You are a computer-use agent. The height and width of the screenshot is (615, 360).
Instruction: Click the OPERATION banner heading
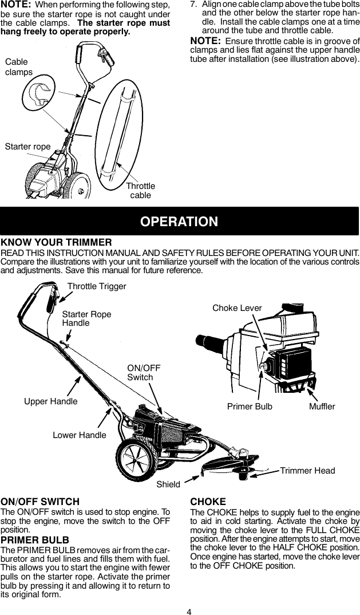point(180,222)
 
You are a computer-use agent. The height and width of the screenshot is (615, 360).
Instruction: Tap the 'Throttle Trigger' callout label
point(97,286)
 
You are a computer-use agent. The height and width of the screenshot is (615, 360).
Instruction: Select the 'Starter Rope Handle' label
point(86,318)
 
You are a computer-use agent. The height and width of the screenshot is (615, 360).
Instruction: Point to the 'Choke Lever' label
point(237,308)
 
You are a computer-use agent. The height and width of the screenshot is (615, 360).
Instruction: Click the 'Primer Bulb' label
point(250,406)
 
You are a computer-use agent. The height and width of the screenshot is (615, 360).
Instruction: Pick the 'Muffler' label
point(322,406)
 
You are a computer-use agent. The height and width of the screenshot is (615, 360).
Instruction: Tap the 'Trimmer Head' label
point(307,471)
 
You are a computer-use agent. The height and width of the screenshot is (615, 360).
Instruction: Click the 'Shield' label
point(168,484)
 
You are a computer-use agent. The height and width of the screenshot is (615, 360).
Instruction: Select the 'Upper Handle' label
point(51,401)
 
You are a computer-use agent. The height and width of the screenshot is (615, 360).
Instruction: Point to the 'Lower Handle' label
point(80,435)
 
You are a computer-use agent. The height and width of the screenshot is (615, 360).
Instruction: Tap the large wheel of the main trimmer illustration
point(137,459)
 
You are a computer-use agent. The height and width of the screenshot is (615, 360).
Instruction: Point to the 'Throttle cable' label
point(140,191)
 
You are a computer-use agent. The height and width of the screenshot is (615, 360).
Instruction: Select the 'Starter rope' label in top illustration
point(27,147)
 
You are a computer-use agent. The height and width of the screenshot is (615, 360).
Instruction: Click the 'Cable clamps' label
point(19,67)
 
